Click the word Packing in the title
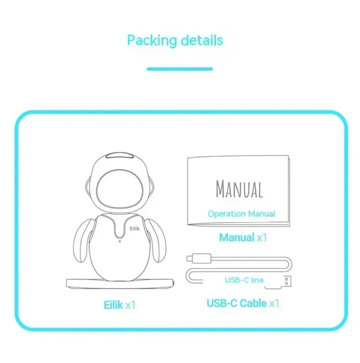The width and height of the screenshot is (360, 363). (152, 41)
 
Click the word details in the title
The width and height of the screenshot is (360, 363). (201, 40)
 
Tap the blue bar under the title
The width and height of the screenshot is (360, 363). (180, 69)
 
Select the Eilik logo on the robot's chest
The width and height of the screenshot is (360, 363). (135, 225)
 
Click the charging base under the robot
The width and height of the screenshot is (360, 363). (121, 283)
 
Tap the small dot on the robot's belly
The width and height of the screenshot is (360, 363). (119, 241)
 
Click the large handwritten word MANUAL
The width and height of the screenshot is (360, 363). (240, 189)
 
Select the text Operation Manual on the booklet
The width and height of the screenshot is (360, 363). (242, 213)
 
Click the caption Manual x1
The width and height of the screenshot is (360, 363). (242, 237)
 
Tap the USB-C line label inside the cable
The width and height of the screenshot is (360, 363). (244, 280)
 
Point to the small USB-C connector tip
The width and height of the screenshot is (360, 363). (190, 258)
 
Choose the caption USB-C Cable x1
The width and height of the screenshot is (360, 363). (243, 303)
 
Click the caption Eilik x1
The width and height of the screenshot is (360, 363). (119, 305)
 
